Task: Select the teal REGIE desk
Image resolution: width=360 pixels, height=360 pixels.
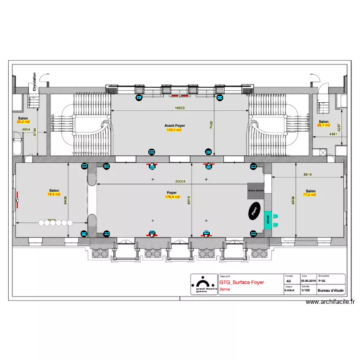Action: coord(267,219)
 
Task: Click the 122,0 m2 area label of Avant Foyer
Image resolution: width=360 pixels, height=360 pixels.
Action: coord(174,130)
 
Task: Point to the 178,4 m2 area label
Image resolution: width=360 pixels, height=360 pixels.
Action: coord(172,197)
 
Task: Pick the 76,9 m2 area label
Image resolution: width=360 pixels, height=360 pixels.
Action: coord(54,194)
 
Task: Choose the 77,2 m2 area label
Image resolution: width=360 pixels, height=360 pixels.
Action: coord(310,195)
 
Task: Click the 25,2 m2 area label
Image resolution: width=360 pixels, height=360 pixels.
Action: coord(23,122)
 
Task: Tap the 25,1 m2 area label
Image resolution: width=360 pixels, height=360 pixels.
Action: coord(324,125)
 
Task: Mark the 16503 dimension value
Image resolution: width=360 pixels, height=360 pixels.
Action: coord(180,108)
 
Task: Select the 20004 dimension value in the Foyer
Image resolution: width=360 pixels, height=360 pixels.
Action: coord(180,182)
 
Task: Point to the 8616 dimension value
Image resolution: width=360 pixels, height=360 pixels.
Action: coord(308,175)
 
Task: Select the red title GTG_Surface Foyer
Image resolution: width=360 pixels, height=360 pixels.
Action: coord(241,283)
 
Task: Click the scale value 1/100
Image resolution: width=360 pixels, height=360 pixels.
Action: coord(305,290)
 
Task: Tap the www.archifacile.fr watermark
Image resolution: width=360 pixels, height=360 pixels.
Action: coord(330,302)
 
